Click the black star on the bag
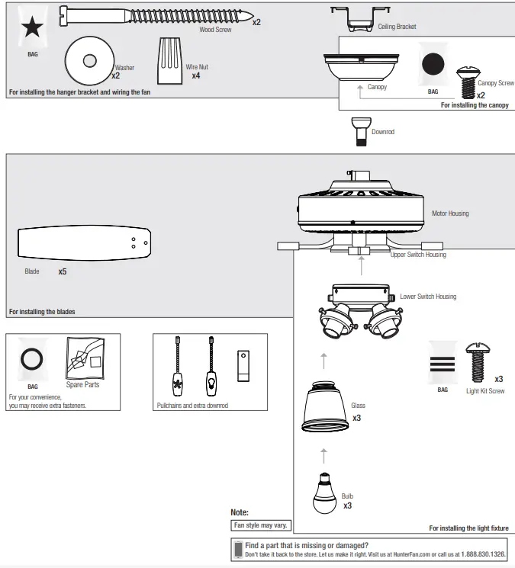tap(33, 29)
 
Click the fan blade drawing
tap(82, 243)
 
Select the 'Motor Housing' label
tap(450, 213)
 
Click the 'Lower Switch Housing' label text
tap(428, 297)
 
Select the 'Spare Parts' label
tap(82, 385)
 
